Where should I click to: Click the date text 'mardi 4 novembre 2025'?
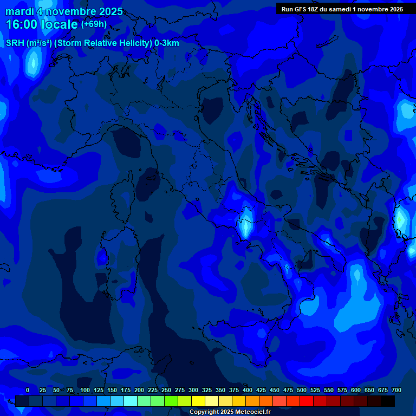(x=64, y=11)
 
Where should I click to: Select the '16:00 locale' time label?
(x=42, y=24)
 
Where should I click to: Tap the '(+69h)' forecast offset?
(x=94, y=24)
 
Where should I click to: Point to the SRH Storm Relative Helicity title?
(x=92, y=43)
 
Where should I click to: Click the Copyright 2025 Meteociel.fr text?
(x=230, y=412)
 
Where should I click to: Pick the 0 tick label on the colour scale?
(x=28, y=390)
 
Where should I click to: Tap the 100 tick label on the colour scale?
(x=85, y=390)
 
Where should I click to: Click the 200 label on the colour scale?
(x=139, y=390)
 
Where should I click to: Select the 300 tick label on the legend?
(x=193, y=390)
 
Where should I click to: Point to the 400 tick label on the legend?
(x=248, y=390)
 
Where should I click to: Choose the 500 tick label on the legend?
(x=302, y=390)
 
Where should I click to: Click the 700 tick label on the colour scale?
(x=396, y=390)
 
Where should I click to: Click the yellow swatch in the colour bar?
(x=198, y=401)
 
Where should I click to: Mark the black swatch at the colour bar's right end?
(x=388, y=401)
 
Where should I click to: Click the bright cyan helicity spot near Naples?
(x=246, y=223)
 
